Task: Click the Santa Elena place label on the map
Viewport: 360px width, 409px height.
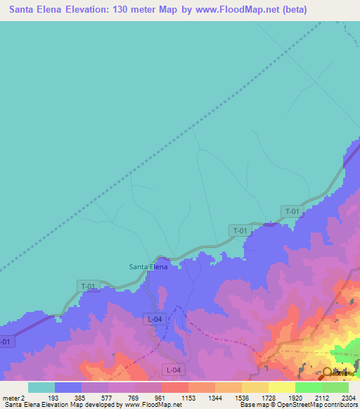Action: [148, 266]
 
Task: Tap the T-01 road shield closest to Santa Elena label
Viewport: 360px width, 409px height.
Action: [88, 286]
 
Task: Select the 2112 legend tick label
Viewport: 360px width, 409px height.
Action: [321, 397]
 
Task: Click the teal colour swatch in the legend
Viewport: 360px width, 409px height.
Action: [41, 387]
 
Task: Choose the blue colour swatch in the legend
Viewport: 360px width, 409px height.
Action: [68, 387]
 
